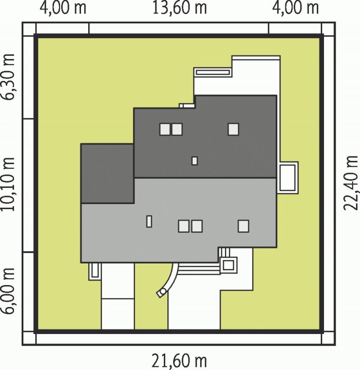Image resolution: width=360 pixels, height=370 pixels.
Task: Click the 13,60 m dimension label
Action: (x=180, y=8)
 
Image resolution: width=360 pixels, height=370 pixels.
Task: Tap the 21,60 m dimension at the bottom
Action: (x=179, y=361)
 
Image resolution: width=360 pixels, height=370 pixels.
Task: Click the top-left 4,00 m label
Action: (x=63, y=8)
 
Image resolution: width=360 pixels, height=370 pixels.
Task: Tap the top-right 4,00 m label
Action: (x=295, y=8)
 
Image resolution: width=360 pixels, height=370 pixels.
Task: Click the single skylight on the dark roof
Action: (x=234, y=129)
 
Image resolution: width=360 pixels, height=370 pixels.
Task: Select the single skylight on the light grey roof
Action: (x=243, y=226)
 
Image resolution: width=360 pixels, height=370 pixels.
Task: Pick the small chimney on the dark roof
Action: (x=195, y=160)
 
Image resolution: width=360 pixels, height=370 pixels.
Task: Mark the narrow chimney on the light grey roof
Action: (x=149, y=221)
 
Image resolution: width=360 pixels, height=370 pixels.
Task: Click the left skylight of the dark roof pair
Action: (x=165, y=129)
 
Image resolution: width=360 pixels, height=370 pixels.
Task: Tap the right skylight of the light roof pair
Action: (x=197, y=226)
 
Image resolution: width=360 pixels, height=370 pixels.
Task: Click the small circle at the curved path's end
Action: (x=163, y=292)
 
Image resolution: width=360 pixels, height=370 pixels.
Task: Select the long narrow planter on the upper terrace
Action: (x=212, y=72)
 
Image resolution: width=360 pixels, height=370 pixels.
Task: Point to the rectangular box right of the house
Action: (x=288, y=178)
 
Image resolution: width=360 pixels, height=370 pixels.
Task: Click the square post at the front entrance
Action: (x=228, y=265)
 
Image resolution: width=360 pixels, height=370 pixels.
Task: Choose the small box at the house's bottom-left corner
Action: (x=94, y=272)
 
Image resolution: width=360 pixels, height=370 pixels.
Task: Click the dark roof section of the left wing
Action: (x=108, y=173)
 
